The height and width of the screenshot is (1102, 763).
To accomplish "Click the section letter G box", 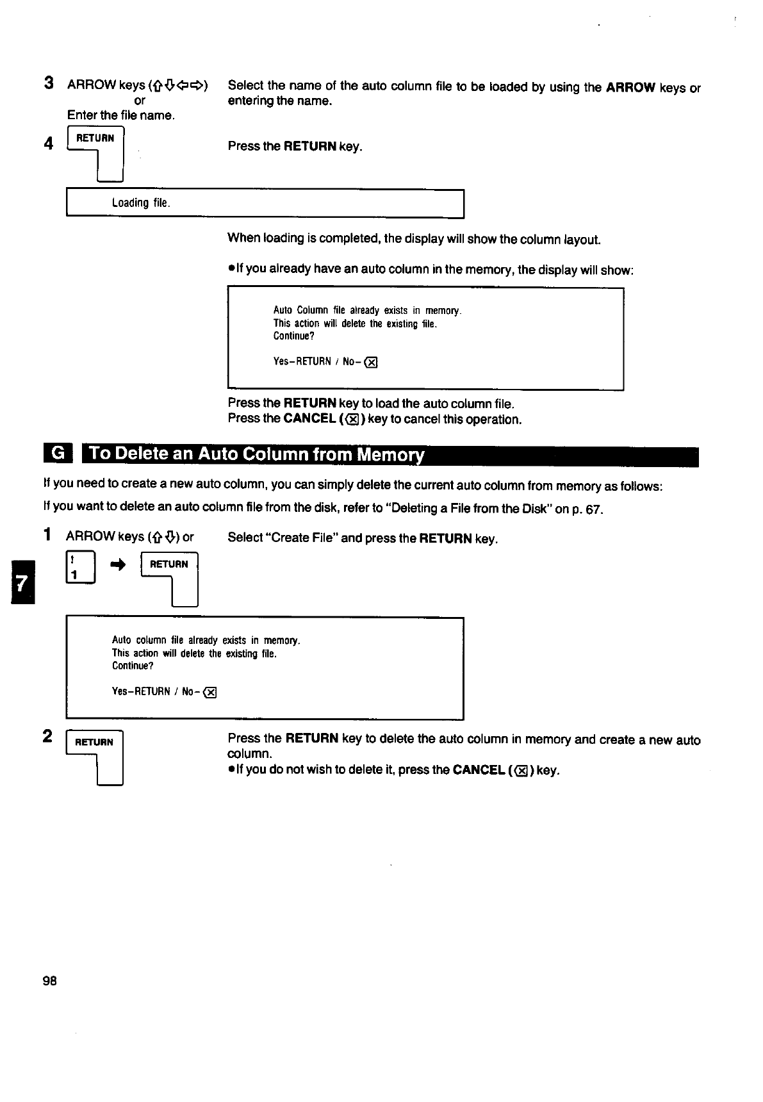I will [x=58, y=454].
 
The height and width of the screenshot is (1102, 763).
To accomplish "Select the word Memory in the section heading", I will [x=390, y=455].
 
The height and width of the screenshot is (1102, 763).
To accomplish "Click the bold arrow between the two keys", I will [x=119, y=564].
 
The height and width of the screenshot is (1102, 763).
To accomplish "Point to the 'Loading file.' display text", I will [x=141, y=203].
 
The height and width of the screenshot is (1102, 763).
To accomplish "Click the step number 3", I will [x=49, y=83].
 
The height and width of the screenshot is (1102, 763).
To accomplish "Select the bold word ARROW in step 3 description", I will [x=630, y=88].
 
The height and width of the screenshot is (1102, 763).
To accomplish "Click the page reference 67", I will [x=595, y=510].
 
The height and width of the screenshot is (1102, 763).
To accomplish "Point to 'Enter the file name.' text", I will [x=121, y=116].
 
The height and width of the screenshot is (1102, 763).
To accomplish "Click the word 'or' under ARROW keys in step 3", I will [x=140, y=101].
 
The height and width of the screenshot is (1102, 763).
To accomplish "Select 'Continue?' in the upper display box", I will [x=294, y=336].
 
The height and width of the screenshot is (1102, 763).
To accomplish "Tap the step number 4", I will [x=49, y=144].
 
